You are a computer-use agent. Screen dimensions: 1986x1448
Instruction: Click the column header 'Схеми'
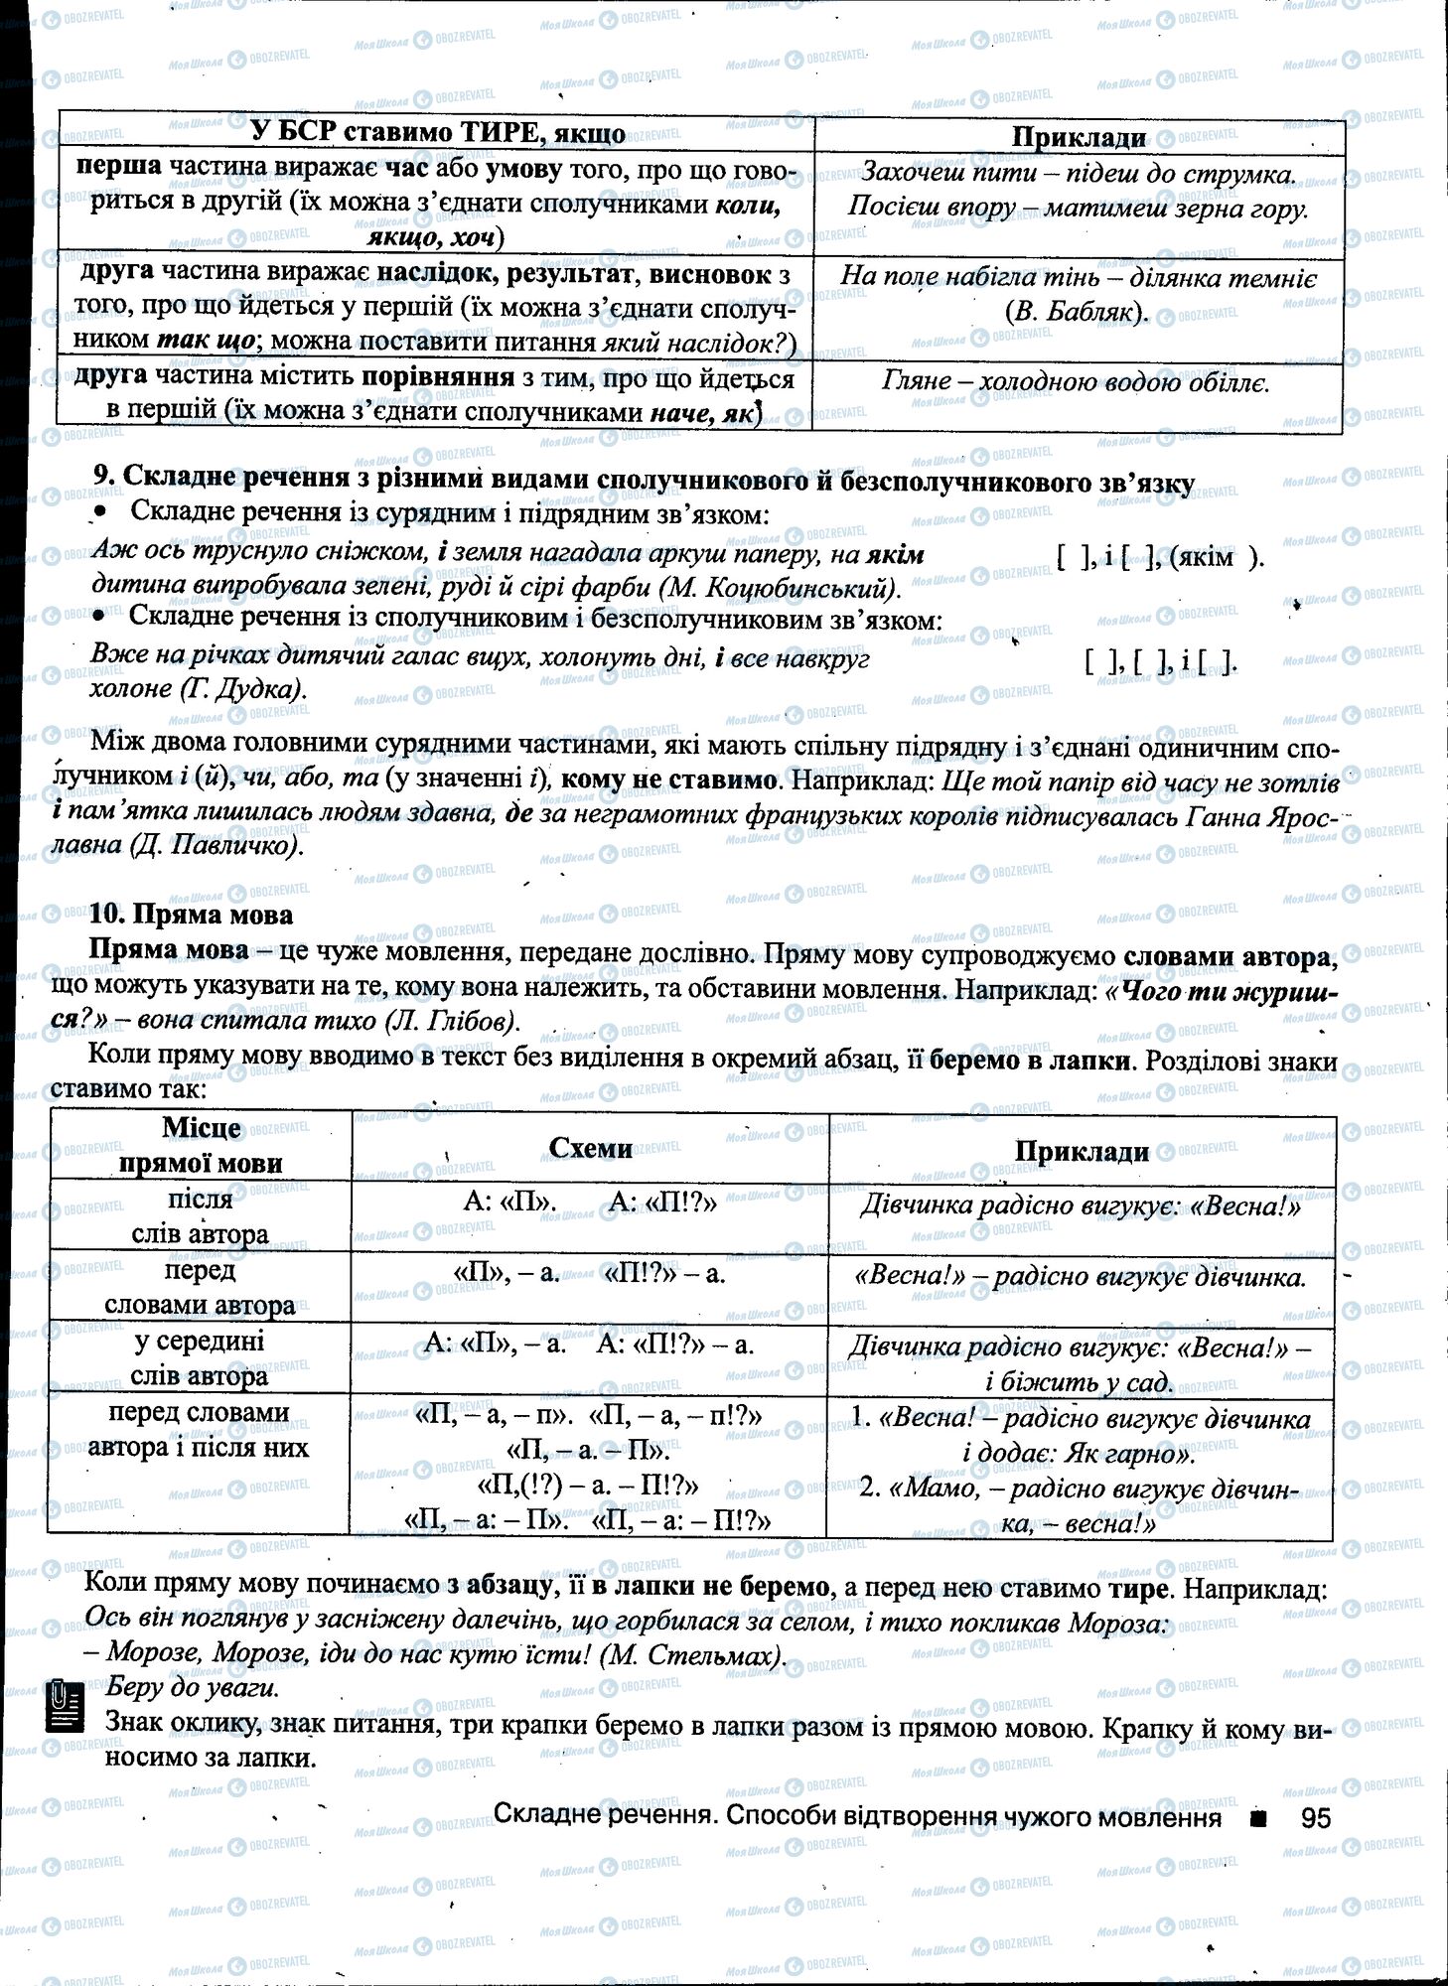[590, 1148]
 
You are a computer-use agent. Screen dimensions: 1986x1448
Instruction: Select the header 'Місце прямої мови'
[201, 1145]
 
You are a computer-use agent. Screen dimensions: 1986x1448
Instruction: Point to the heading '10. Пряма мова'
[192, 914]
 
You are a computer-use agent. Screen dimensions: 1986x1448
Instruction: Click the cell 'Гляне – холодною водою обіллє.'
[1076, 382]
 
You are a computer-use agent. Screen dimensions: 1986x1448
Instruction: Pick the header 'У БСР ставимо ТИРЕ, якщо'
[437, 133]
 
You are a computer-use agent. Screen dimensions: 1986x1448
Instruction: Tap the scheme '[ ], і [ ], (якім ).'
[1161, 556]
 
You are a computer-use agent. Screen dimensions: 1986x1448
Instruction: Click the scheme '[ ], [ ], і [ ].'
[1161, 662]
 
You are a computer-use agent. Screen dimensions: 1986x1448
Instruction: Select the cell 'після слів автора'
[200, 1215]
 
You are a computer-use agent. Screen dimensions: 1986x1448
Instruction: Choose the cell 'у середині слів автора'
[200, 1357]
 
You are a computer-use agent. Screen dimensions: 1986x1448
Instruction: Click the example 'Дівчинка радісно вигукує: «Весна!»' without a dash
[1080, 1206]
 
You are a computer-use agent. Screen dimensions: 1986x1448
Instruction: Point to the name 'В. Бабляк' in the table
[1076, 312]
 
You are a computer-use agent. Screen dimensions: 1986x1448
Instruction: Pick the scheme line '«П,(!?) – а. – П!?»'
[588, 1486]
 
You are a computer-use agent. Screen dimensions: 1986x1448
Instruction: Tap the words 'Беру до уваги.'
[193, 1686]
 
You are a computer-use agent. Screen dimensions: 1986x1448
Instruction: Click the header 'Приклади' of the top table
[1078, 137]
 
